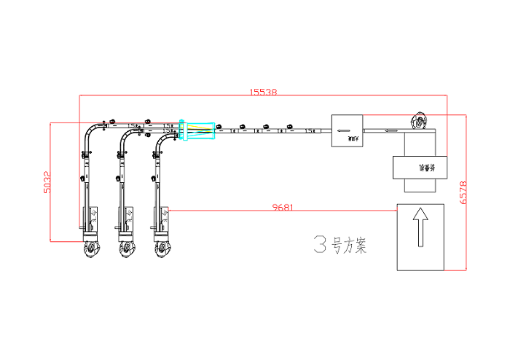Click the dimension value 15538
263,93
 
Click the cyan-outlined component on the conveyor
197,130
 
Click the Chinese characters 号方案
349,246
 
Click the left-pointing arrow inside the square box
345,131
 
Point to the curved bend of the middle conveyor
125,137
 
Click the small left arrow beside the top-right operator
391,131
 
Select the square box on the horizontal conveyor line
346,130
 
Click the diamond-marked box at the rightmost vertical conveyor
165,214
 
